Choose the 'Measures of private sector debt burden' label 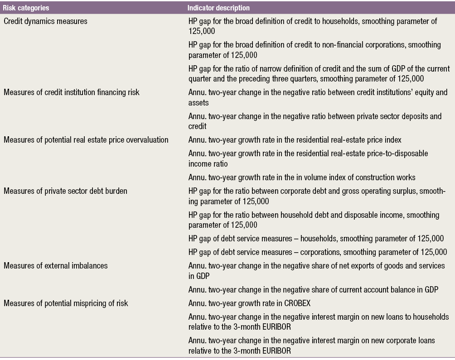coord(65,191)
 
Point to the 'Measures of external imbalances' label coord(55,265)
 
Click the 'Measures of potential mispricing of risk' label coord(66,303)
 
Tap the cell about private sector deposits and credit coord(315,120)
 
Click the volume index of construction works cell coord(301,178)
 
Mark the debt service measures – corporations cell coord(317,252)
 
